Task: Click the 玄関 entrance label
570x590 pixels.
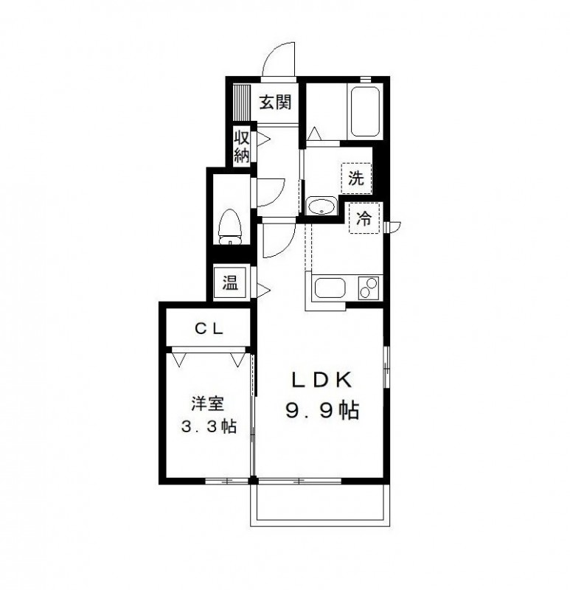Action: [x=274, y=102]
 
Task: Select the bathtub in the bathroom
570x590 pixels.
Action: [x=364, y=111]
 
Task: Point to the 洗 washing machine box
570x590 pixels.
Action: [x=356, y=177]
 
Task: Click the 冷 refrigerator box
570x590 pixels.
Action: [x=364, y=218]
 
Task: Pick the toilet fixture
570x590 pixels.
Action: [x=231, y=226]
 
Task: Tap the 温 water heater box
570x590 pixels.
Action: [x=231, y=282]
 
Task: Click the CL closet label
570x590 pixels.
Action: [x=209, y=329]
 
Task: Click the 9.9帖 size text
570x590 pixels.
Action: [x=322, y=411]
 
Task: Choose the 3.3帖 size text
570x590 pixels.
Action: [x=209, y=426]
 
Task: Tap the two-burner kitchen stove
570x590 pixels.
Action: [x=368, y=287]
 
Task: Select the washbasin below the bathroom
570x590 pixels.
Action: [x=320, y=207]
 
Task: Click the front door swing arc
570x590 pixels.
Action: [x=279, y=58]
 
